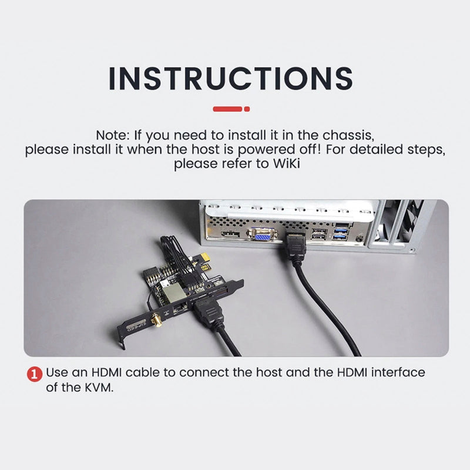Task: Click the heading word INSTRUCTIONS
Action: [230, 79]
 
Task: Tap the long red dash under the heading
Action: [227, 109]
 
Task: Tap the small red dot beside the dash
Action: [247, 109]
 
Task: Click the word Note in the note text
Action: [112, 135]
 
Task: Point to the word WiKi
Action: [286, 164]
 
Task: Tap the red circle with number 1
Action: [35, 374]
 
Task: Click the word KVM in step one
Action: [98, 388]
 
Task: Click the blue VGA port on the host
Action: [261, 234]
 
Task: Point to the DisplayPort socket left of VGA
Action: [230, 234]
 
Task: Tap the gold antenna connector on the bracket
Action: [157, 320]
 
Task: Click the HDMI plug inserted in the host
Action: [296, 246]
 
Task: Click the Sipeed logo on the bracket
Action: [136, 327]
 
